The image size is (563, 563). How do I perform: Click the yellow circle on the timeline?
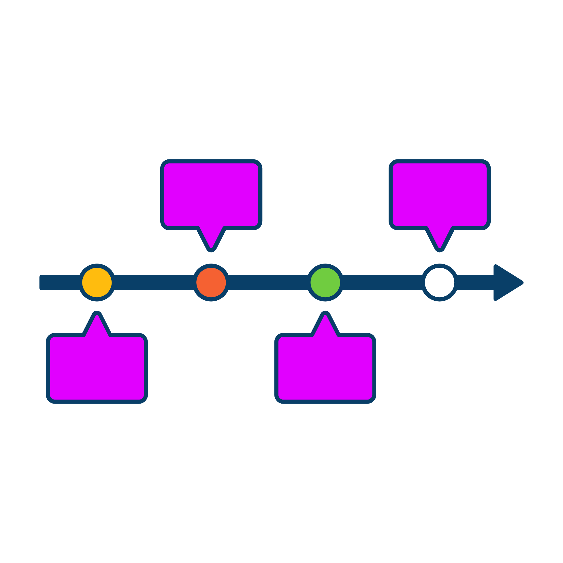pyautogui.click(x=97, y=283)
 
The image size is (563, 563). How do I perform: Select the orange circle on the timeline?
pyautogui.click(x=211, y=283)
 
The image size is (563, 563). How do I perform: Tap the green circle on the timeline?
pyautogui.click(x=325, y=283)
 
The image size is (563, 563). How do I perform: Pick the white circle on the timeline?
pyautogui.click(x=439, y=283)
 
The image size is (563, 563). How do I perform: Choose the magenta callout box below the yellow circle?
pyautogui.click(x=97, y=368)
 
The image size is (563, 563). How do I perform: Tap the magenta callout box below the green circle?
pyautogui.click(x=325, y=368)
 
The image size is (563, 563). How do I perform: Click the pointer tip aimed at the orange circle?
pyautogui.click(x=211, y=248)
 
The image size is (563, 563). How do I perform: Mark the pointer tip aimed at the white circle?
pyautogui.click(x=439, y=248)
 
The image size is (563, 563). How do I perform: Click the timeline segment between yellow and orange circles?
pyautogui.click(x=154, y=283)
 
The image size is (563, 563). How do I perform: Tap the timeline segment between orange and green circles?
pyautogui.click(x=268, y=283)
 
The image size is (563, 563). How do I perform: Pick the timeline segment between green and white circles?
pyautogui.click(x=382, y=283)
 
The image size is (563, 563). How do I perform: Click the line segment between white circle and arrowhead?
pyautogui.click(x=475, y=283)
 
